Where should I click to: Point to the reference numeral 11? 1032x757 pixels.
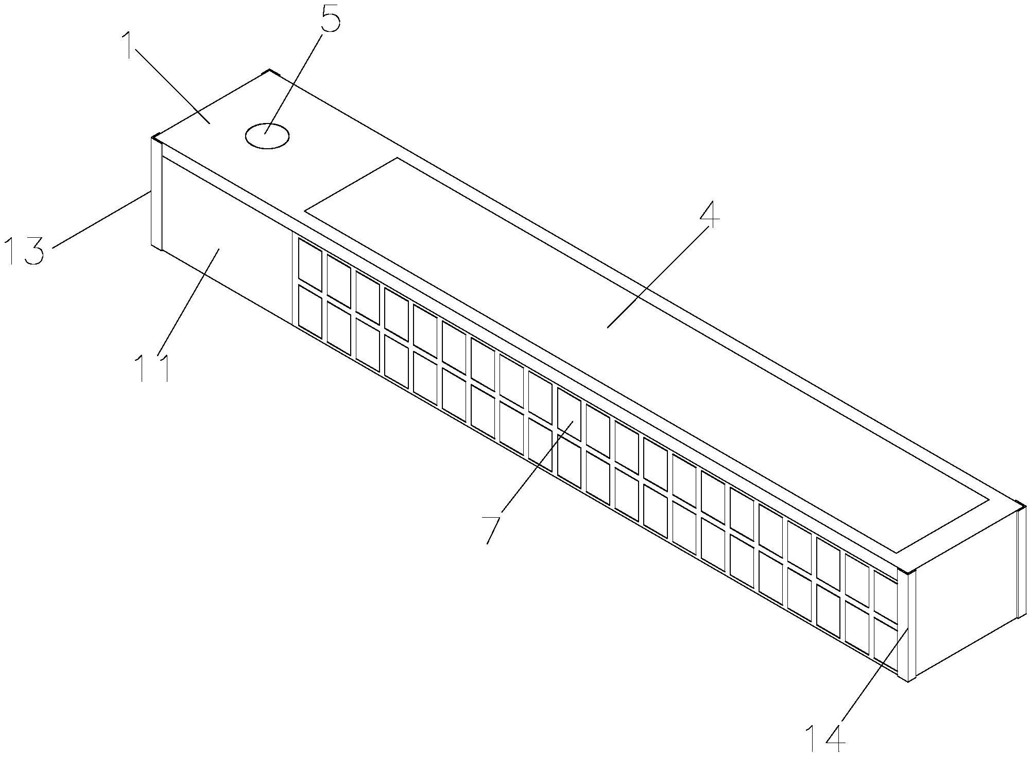tap(152, 367)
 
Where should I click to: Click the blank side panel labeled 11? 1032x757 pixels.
tap(227, 242)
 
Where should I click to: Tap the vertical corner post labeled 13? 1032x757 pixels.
tap(157, 196)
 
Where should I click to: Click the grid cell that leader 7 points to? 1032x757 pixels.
tap(569, 414)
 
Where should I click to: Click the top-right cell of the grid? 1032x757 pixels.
tap(885, 592)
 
